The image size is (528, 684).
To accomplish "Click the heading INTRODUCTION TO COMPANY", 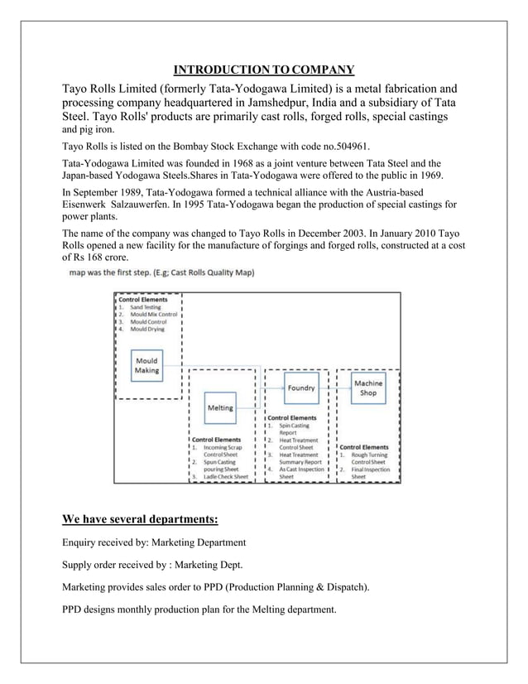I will [x=264, y=69].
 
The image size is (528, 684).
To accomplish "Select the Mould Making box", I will [x=146, y=365].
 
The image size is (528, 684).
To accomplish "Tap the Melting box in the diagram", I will [x=219, y=407].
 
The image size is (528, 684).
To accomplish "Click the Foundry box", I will [x=306, y=388].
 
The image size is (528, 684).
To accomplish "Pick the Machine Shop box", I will [x=368, y=388].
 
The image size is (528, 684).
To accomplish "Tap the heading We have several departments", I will [x=141, y=520].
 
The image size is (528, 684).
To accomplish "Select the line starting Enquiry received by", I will [x=154, y=542].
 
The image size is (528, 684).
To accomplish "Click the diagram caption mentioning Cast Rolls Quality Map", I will [x=161, y=272].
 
